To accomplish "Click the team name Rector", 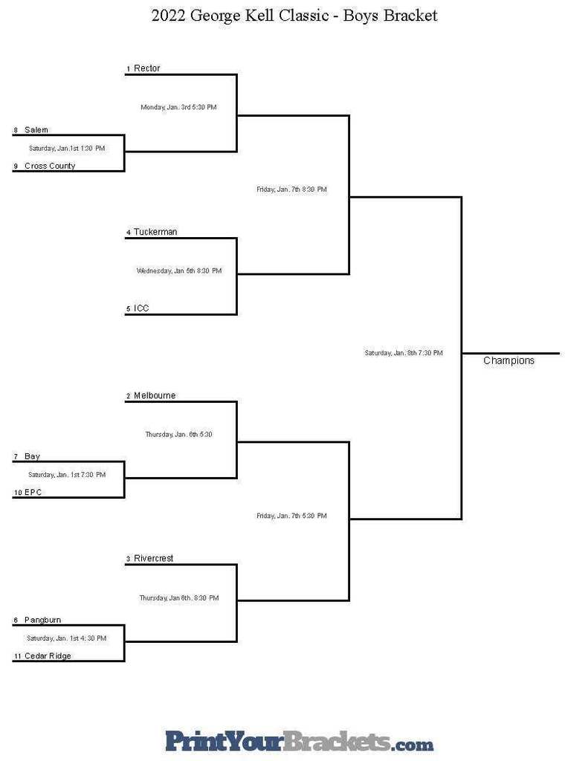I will point(147,68).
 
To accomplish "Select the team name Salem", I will point(36,130).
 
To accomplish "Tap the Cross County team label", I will point(50,166).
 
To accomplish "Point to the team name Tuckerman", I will point(155,232).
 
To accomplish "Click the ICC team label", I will point(141,308).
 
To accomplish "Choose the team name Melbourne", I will point(155,395).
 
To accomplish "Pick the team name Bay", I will point(32,456).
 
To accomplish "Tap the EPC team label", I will point(33,492).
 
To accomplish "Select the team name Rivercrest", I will point(153,558).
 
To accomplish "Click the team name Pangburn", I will point(42,620).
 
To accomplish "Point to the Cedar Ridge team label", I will point(48,656).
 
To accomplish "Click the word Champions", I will point(508,360).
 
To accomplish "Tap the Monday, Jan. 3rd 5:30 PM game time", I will point(178,107).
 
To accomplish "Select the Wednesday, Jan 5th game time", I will point(178,271).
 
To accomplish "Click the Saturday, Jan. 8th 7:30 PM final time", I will point(403,353).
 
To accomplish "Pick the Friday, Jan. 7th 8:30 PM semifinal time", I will point(291,190).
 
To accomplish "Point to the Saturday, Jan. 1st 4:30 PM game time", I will point(66,638).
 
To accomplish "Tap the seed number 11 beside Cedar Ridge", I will point(16,657).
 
